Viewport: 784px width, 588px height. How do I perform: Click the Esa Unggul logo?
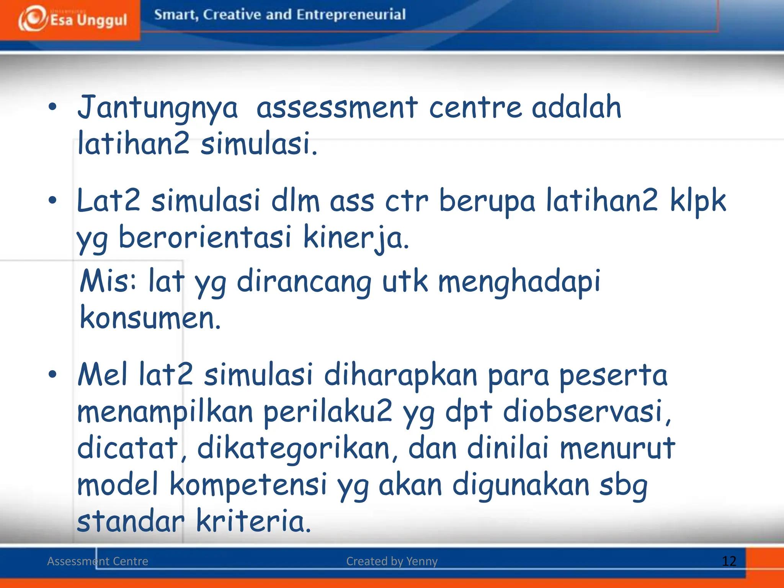[73, 19]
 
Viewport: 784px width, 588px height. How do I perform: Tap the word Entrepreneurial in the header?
[351, 15]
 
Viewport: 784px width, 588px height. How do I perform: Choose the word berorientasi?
[205, 238]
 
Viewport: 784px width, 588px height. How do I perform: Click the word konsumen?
[150, 318]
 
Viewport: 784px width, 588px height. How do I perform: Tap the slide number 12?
[729, 561]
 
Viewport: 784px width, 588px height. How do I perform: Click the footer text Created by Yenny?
[392, 561]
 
